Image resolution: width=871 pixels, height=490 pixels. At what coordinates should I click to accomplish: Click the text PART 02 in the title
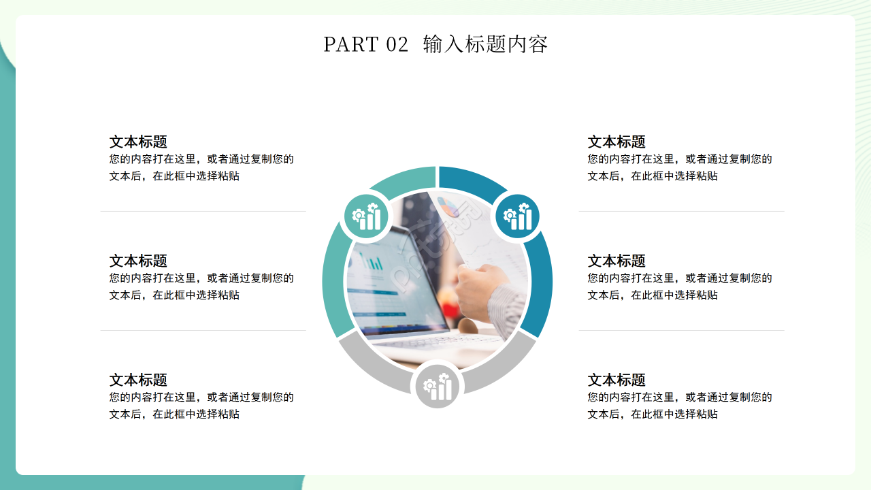pyautogui.click(x=365, y=44)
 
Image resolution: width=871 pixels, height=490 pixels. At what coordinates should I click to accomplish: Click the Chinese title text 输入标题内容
pyautogui.click(x=485, y=44)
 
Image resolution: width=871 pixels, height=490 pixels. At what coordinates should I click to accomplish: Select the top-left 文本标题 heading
pyautogui.click(x=138, y=142)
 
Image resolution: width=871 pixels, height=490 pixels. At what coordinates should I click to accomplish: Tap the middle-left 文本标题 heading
pyautogui.click(x=138, y=261)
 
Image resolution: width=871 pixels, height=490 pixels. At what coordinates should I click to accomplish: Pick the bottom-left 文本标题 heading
pyautogui.click(x=138, y=380)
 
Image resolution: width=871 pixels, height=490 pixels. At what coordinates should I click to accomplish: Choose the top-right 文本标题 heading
pyautogui.click(x=617, y=142)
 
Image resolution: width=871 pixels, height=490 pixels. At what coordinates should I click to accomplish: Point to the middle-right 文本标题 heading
pyautogui.click(x=617, y=261)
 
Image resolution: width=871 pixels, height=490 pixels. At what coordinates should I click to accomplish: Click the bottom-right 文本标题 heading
pyautogui.click(x=617, y=380)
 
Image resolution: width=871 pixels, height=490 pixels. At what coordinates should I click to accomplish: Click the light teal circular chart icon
pyautogui.click(x=366, y=217)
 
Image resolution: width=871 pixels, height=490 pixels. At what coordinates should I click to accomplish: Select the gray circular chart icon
pyautogui.click(x=438, y=387)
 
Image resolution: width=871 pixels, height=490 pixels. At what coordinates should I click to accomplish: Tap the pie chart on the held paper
pyautogui.click(x=447, y=206)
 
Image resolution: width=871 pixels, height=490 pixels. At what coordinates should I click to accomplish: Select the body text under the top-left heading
pyautogui.click(x=201, y=167)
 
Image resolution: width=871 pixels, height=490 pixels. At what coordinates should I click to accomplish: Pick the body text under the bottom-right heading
pyautogui.click(x=680, y=406)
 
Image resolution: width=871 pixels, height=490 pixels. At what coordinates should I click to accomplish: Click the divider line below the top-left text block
pyautogui.click(x=203, y=212)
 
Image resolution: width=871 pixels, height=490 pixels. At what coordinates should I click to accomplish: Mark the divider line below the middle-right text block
pyautogui.click(x=681, y=331)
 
